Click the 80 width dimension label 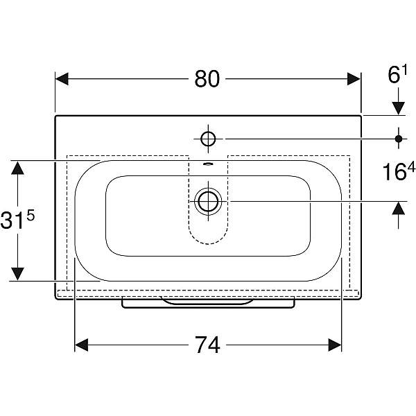[207, 79]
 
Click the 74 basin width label [208, 345]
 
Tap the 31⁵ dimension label [17, 219]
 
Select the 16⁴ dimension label [398, 171]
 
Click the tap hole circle [208, 139]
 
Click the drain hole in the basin [208, 201]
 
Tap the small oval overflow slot [208, 164]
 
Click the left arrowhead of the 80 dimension [62, 79]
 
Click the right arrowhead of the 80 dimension [354, 79]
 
